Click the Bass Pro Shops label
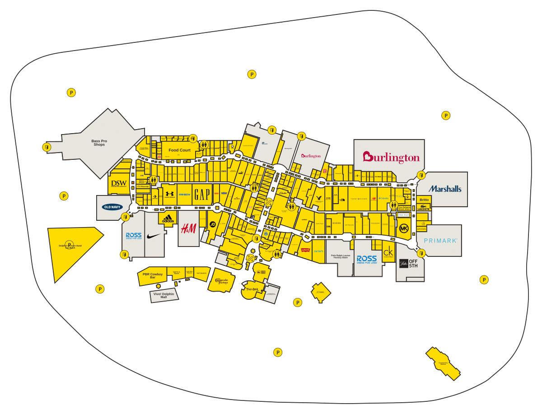click(99, 143)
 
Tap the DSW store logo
click(119, 184)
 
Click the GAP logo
click(201, 195)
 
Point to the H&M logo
click(188, 229)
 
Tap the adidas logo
click(168, 219)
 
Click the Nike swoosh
click(154, 236)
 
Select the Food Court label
click(179, 150)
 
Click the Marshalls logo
click(445, 189)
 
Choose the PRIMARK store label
click(440, 241)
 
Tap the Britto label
click(424, 200)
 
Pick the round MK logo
click(404, 229)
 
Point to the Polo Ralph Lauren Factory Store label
click(341, 257)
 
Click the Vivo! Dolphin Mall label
click(164, 295)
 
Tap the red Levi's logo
click(305, 251)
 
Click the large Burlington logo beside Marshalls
click(391, 158)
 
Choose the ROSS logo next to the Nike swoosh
click(134, 236)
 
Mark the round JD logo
click(212, 224)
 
